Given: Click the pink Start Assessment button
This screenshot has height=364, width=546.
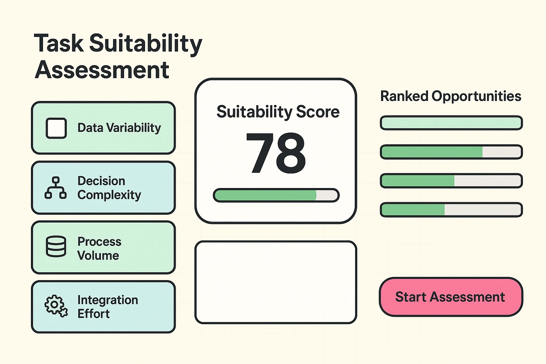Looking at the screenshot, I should point(451,297).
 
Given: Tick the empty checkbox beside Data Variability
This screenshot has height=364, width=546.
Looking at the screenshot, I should point(56,128).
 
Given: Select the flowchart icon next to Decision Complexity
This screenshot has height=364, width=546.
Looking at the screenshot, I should point(55,188).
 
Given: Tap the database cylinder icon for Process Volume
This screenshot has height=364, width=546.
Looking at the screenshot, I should point(56,246).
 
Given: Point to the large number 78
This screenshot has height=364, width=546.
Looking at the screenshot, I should point(275,153).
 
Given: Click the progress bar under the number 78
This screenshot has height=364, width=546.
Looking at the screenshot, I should point(276,196).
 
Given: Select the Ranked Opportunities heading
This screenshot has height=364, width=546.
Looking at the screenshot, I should point(450,96).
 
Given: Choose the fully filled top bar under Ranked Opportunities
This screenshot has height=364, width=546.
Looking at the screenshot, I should point(451,123).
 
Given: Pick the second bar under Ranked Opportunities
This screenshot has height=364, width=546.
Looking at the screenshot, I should point(451,152).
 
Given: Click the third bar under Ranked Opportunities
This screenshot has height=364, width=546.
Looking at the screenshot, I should point(451,181).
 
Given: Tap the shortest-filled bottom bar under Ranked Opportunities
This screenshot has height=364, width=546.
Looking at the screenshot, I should point(451,210).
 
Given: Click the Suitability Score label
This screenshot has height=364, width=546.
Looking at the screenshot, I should point(278,112).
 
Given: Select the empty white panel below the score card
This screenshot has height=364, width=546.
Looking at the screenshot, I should point(275,282).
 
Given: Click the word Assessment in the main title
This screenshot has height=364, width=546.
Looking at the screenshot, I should point(102,70).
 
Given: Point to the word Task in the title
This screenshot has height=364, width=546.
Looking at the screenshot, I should point(58,43).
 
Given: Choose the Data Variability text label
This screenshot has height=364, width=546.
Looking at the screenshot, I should point(119,128).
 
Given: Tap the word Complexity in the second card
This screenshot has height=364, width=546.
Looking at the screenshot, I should point(109,195).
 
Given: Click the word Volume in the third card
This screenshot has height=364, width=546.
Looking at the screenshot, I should point(98,256).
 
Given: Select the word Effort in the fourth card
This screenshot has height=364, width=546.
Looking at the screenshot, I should point(93,314).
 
